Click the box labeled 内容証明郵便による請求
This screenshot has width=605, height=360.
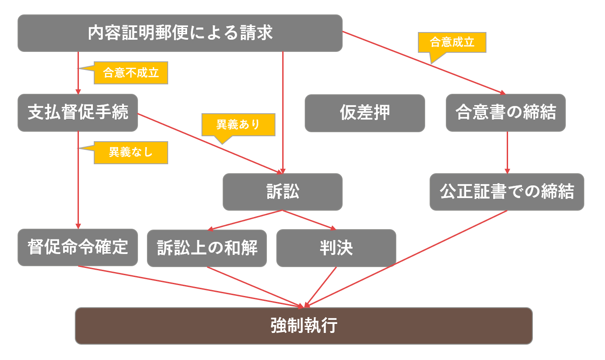[x=180, y=33]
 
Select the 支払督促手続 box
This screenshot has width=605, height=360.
[x=78, y=112]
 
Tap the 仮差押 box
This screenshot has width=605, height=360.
[x=365, y=113]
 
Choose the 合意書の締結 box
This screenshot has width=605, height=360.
[x=505, y=112]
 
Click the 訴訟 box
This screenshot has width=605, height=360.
[x=282, y=192]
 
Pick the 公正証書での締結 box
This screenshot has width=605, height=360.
[x=507, y=192]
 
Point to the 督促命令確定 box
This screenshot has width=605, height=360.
[x=78, y=247]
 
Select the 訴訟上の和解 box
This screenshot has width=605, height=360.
[x=207, y=248]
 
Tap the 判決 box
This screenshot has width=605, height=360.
[x=336, y=248]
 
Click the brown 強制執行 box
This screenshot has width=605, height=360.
[x=303, y=326]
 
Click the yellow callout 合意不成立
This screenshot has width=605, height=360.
[x=131, y=73]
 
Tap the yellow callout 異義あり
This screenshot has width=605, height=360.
[x=238, y=125]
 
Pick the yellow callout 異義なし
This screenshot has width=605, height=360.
[x=131, y=152]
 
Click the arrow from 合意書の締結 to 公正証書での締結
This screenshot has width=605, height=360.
[x=507, y=152]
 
